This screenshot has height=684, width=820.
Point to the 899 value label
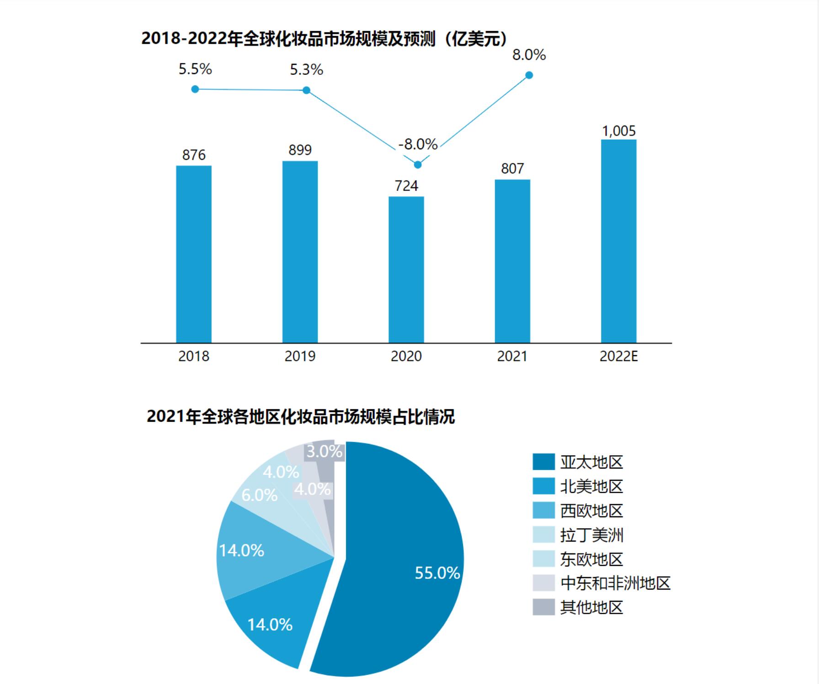click(x=300, y=150)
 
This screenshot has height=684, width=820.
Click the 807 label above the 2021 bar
click(x=512, y=168)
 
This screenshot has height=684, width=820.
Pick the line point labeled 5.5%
click(x=195, y=89)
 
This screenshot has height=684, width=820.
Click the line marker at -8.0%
click(x=417, y=164)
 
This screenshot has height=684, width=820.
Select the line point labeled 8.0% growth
click(x=529, y=75)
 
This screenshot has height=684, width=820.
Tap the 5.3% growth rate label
click(x=306, y=70)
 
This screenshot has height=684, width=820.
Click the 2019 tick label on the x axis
click(x=300, y=356)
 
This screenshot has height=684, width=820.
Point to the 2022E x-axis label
click(x=618, y=356)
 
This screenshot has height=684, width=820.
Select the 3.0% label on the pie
click(x=324, y=452)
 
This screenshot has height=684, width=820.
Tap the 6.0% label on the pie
click(x=259, y=495)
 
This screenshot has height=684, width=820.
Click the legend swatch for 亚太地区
click(x=543, y=462)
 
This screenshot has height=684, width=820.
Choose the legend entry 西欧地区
click(x=591, y=510)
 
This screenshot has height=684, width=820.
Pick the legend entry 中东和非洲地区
click(x=615, y=583)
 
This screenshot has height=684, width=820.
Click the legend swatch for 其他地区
click(x=543, y=607)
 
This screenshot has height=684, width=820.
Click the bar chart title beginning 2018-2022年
click(x=324, y=39)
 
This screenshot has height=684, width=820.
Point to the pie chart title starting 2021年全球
click(x=300, y=417)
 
